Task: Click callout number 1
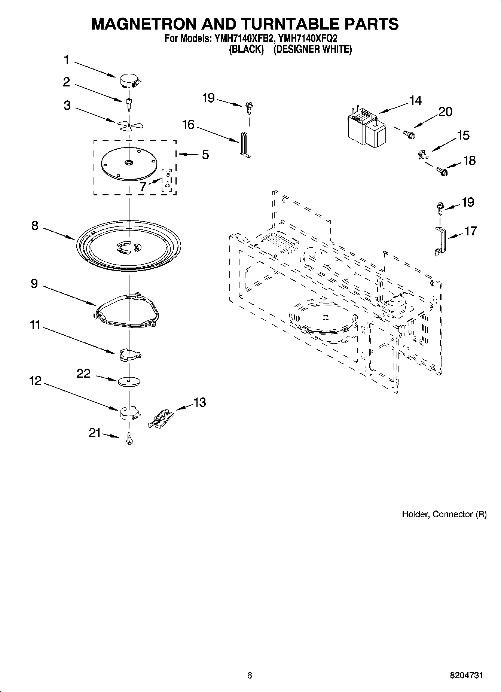(x=66, y=60)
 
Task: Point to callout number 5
(x=205, y=155)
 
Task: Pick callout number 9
(x=34, y=284)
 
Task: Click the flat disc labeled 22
(x=129, y=381)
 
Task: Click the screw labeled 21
(x=129, y=438)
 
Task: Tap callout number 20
(x=445, y=112)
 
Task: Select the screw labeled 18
(x=442, y=172)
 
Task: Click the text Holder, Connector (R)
(x=444, y=515)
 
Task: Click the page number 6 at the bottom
(x=250, y=676)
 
